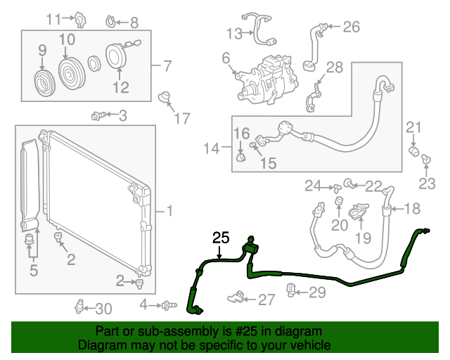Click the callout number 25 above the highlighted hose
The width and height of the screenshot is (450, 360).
pos(221,238)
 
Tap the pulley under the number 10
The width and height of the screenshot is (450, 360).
pos(70,72)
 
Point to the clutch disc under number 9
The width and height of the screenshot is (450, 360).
pos(44,83)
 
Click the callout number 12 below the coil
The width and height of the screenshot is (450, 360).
pos(121,87)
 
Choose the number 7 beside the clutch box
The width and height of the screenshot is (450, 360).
pos(167,67)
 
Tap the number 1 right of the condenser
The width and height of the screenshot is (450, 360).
pos(168,210)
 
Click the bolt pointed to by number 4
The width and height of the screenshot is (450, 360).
pos(167,305)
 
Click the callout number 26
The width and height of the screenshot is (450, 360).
pos(350,27)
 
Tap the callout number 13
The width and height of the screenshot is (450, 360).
pos(234,32)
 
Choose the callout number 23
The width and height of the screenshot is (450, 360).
pos(427,184)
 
